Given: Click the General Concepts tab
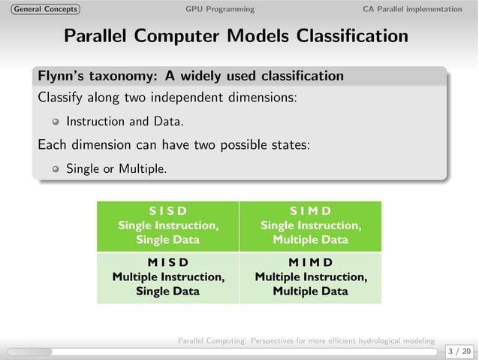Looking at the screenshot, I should click(x=41, y=9).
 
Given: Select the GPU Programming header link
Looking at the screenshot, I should click(x=219, y=9).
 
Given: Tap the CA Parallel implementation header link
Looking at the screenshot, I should click(x=412, y=9).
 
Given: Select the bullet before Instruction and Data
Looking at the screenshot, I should click(x=55, y=122).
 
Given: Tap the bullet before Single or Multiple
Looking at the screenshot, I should click(x=55, y=169).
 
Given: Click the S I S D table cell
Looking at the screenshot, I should click(x=167, y=225).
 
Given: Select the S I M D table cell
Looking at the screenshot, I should click(x=310, y=225).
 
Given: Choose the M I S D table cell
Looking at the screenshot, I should click(x=167, y=277).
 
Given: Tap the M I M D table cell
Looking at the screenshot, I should click(x=310, y=277).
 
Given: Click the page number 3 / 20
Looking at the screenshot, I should click(x=459, y=351).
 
